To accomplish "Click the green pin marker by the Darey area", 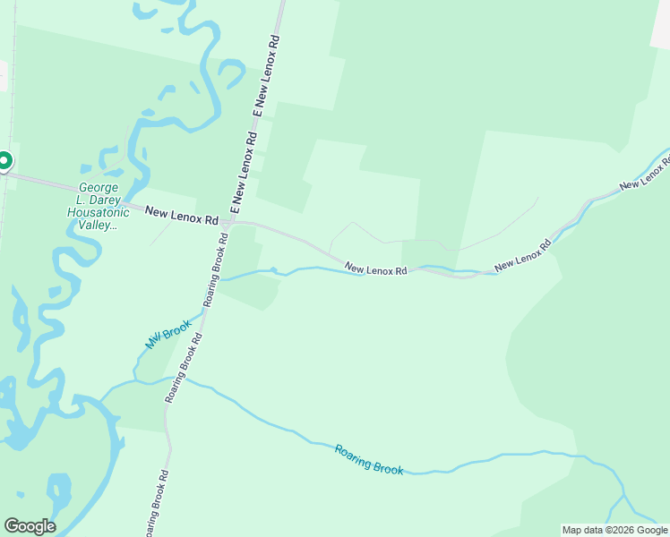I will (4, 162).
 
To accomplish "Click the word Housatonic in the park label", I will (92, 213).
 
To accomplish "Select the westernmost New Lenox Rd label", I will (182, 216).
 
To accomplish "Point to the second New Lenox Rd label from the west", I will (376, 268).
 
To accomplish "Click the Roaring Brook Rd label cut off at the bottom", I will (153, 505).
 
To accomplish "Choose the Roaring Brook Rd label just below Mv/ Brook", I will (184, 368).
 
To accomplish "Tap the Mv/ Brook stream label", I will (167, 333).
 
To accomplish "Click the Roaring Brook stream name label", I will (369, 459).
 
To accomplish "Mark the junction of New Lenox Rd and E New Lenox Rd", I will (229, 221).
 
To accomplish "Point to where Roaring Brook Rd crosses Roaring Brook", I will (176, 381).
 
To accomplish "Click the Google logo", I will (30, 525).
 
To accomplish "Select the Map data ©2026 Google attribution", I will (614, 530).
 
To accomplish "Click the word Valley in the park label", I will (93, 226).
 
